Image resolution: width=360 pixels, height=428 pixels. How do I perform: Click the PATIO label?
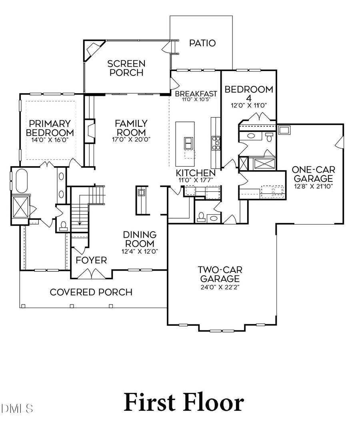[202, 43]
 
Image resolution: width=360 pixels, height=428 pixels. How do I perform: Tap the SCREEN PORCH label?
[126, 68]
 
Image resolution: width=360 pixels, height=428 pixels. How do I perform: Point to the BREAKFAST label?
[196, 94]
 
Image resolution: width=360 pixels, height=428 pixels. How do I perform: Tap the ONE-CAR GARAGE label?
[312, 173]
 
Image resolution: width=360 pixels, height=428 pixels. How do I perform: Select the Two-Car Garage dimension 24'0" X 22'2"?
[220, 287]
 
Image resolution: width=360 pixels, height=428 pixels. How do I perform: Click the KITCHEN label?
[196, 173]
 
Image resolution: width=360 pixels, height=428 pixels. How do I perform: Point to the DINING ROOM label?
[139, 239]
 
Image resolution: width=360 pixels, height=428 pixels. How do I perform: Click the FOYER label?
[91, 261]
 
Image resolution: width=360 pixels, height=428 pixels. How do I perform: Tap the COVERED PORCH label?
[91, 292]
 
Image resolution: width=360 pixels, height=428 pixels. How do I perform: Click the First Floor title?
[184, 402]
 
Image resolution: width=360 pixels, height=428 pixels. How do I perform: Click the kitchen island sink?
[188, 143]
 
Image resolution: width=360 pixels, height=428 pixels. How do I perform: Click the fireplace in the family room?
[90, 131]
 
